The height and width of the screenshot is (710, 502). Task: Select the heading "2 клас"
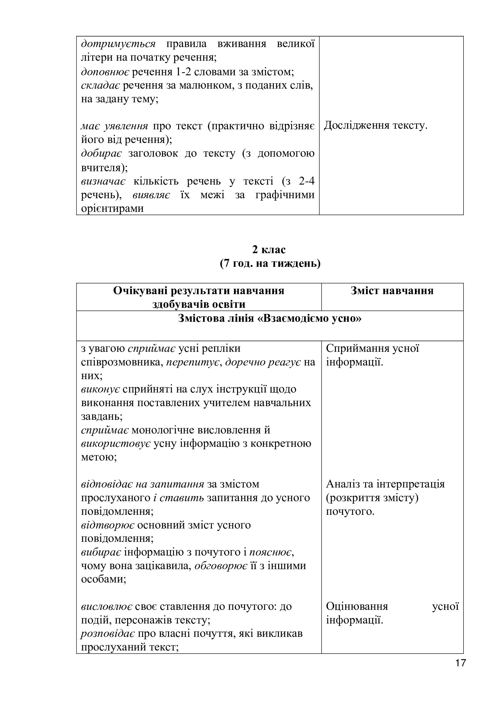[x=269, y=249]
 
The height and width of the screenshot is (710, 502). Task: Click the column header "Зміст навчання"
[x=392, y=291]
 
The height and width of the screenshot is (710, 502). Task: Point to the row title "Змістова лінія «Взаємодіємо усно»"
[x=270, y=318]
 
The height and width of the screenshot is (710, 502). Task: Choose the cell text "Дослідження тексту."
[x=375, y=126]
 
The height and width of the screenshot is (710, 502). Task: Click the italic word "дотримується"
[x=118, y=44]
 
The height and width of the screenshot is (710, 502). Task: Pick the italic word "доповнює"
[x=105, y=72]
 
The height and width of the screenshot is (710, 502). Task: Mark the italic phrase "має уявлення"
[x=114, y=126]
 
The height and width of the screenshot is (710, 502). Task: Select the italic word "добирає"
[x=101, y=153]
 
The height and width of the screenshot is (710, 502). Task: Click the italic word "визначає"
[x=103, y=181]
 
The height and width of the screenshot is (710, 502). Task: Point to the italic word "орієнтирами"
[x=113, y=209]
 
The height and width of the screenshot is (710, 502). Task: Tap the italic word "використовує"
[x=116, y=443]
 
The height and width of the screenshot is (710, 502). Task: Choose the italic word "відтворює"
[x=107, y=525]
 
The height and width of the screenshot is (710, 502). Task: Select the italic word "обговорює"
[x=221, y=566]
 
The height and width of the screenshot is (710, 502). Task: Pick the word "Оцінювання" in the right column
[x=357, y=606]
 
